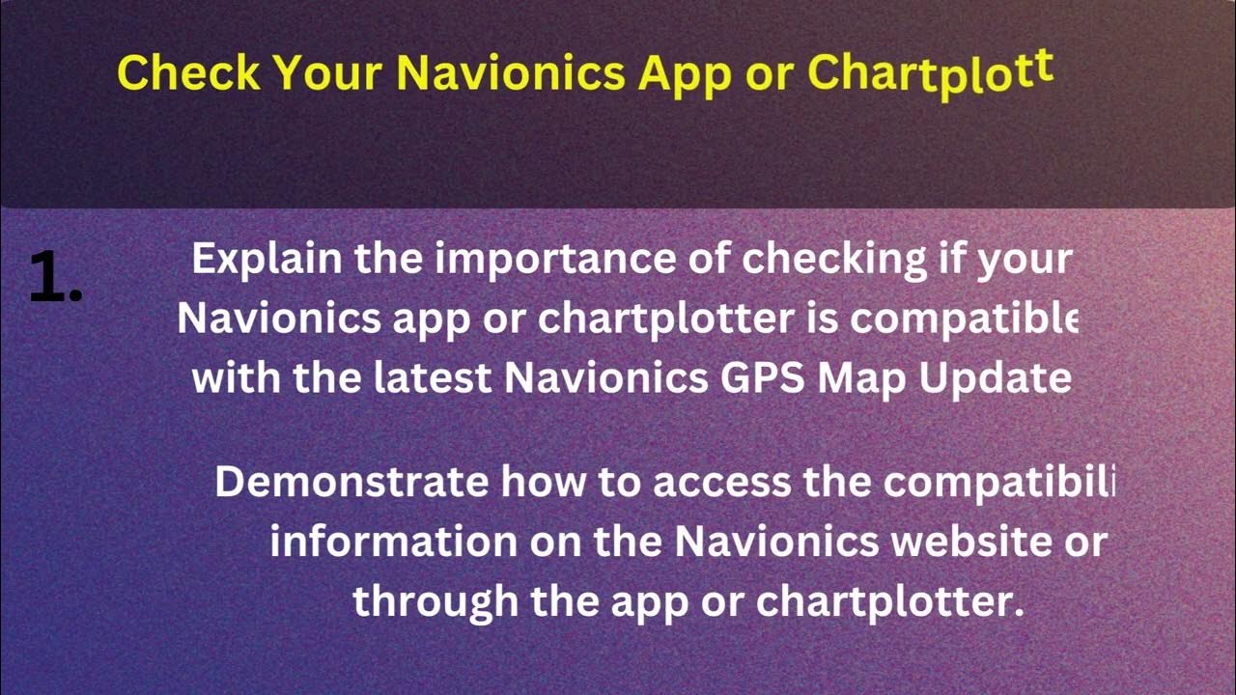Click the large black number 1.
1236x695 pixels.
coord(54,276)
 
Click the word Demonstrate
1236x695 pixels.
coord(351,482)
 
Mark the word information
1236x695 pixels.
coord(393,542)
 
